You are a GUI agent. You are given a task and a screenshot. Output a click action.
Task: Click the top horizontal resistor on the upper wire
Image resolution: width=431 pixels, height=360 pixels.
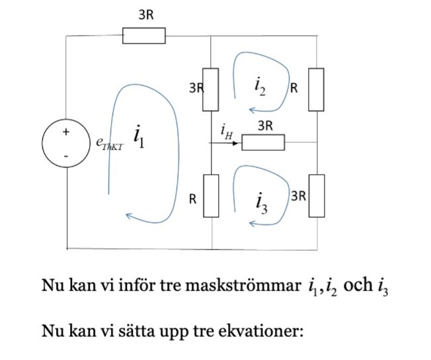(x=143, y=35)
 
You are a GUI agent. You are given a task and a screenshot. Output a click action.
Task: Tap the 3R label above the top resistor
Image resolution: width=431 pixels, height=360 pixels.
(x=146, y=16)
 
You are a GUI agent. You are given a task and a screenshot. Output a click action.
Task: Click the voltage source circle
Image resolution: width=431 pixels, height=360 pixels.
(x=66, y=143)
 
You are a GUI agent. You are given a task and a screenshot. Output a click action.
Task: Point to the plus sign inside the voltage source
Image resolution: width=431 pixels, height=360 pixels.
(x=65, y=132)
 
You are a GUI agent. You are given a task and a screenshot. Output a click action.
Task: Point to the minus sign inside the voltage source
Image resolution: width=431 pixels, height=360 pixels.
(x=65, y=156)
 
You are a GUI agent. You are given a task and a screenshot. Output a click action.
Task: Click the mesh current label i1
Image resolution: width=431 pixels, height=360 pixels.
(x=139, y=137)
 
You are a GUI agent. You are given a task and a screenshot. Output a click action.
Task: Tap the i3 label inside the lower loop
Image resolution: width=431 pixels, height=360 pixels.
(x=261, y=203)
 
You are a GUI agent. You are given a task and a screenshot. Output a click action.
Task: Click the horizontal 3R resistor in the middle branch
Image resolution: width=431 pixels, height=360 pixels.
(x=262, y=142)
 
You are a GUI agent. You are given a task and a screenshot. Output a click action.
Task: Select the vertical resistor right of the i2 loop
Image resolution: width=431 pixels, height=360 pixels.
(x=317, y=89)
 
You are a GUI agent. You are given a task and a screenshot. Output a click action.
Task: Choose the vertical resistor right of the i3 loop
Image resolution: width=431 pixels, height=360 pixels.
(x=317, y=195)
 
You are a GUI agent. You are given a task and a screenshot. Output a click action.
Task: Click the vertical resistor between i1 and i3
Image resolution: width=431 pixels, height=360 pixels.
(x=210, y=195)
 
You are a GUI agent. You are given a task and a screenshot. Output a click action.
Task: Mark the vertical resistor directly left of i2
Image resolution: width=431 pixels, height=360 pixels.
(x=210, y=89)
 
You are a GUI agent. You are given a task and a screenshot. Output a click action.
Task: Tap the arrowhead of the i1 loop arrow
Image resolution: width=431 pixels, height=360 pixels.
(x=130, y=216)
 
